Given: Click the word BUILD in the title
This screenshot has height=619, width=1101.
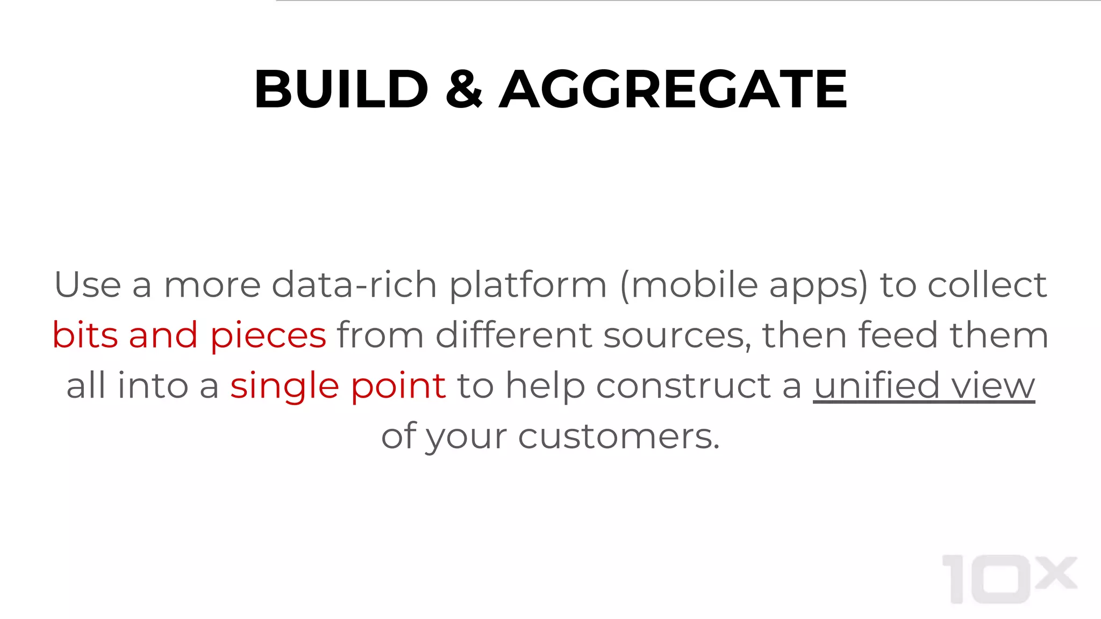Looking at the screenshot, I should [x=341, y=89].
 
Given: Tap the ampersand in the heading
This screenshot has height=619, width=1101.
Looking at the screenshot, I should [x=464, y=89].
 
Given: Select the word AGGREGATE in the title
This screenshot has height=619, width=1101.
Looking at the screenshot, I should [x=673, y=89].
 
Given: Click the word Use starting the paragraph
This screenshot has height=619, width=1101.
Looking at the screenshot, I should [x=88, y=284].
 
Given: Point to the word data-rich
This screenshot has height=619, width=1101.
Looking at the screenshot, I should [x=354, y=284].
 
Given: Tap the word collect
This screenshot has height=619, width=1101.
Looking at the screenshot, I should [x=987, y=284].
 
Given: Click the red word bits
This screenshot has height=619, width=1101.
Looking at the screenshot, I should [x=85, y=335].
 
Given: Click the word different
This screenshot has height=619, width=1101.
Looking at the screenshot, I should [x=513, y=335].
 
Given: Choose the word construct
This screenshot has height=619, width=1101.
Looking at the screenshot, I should [x=684, y=385].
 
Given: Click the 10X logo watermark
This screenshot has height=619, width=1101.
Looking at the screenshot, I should [x=1009, y=579].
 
